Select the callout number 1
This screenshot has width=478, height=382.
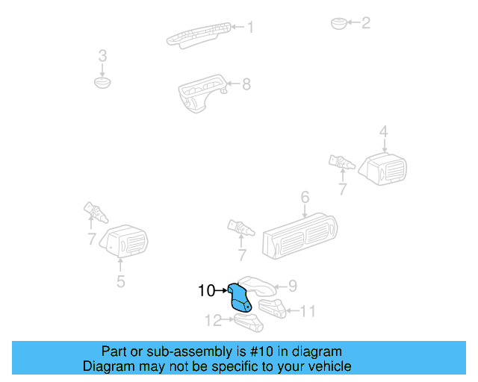(x=250, y=28)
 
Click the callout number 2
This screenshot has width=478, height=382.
(x=365, y=23)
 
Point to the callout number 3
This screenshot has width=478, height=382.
(x=103, y=56)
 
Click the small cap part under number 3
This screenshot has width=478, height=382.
(x=103, y=81)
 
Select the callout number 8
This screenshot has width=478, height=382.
(x=246, y=84)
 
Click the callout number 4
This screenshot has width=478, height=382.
(x=383, y=133)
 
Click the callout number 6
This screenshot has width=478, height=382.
(x=305, y=198)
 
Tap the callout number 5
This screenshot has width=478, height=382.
(x=120, y=281)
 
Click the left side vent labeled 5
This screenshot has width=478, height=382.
(x=124, y=242)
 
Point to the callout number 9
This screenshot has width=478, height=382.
(x=293, y=286)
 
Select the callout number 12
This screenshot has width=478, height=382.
(x=214, y=321)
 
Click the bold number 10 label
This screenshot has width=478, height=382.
(x=207, y=290)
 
